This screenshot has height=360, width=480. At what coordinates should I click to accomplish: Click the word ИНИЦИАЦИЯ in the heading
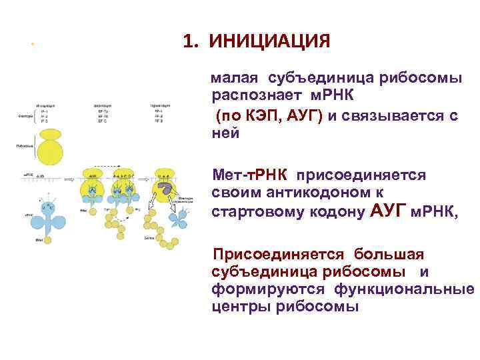(x=269, y=42)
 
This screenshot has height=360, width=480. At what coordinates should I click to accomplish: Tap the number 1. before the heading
(x=191, y=42)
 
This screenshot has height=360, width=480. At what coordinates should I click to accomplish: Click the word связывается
(x=393, y=117)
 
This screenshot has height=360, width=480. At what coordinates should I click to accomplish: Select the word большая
(x=389, y=254)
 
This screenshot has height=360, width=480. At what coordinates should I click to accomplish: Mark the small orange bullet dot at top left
(x=31, y=45)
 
